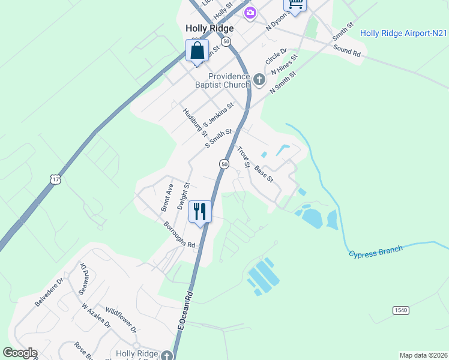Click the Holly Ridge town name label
pyautogui.click(x=209, y=28)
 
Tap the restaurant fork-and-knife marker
pyautogui.click(x=200, y=211)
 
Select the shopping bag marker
pyautogui.click(x=197, y=50)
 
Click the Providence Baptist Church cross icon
pyautogui.click(x=259, y=79)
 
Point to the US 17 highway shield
pyautogui.click(x=55, y=179)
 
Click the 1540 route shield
pyautogui.click(x=402, y=310)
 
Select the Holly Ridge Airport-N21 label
pyautogui.click(x=403, y=33)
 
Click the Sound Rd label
pyautogui.click(x=347, y=52)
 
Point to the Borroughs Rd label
pyautogui.click(x=179, y=235)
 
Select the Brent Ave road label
pyautogui.click(x=166, y=197)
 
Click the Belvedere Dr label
pyautogui.click(x=49, y=292)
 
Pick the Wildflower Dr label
pyautogui.click(x=121, y=321)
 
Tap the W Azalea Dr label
pyautogui.click(x=96, y=316)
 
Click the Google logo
pyautogui.click(x=20, y=353)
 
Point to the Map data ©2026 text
pyautogui.click(x=423, y=355)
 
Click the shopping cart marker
pyautogui.click(x=295, y=4)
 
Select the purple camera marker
pyautogui.click(x=250, y=12)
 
